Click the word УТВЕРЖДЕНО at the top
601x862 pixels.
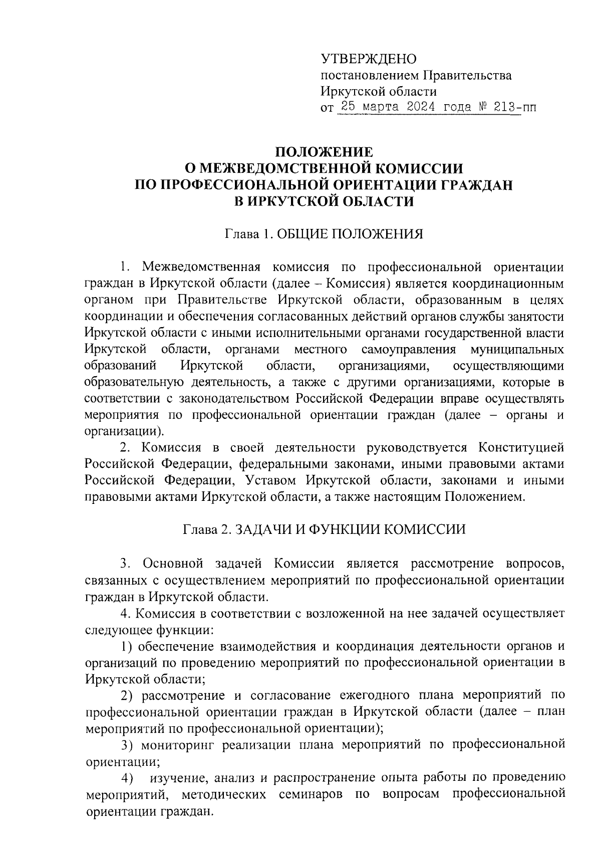369,60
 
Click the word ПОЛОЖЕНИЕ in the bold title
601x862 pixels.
325,152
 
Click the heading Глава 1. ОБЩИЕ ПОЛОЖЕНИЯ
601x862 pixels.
325,234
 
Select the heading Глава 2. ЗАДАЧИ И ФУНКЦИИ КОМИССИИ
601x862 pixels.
325,529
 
